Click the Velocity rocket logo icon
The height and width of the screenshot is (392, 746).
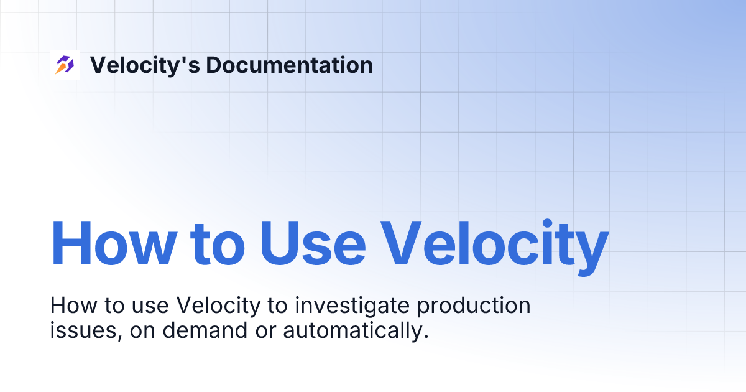65,65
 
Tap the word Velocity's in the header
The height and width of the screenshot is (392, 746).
144,65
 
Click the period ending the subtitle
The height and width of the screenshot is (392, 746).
426,337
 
